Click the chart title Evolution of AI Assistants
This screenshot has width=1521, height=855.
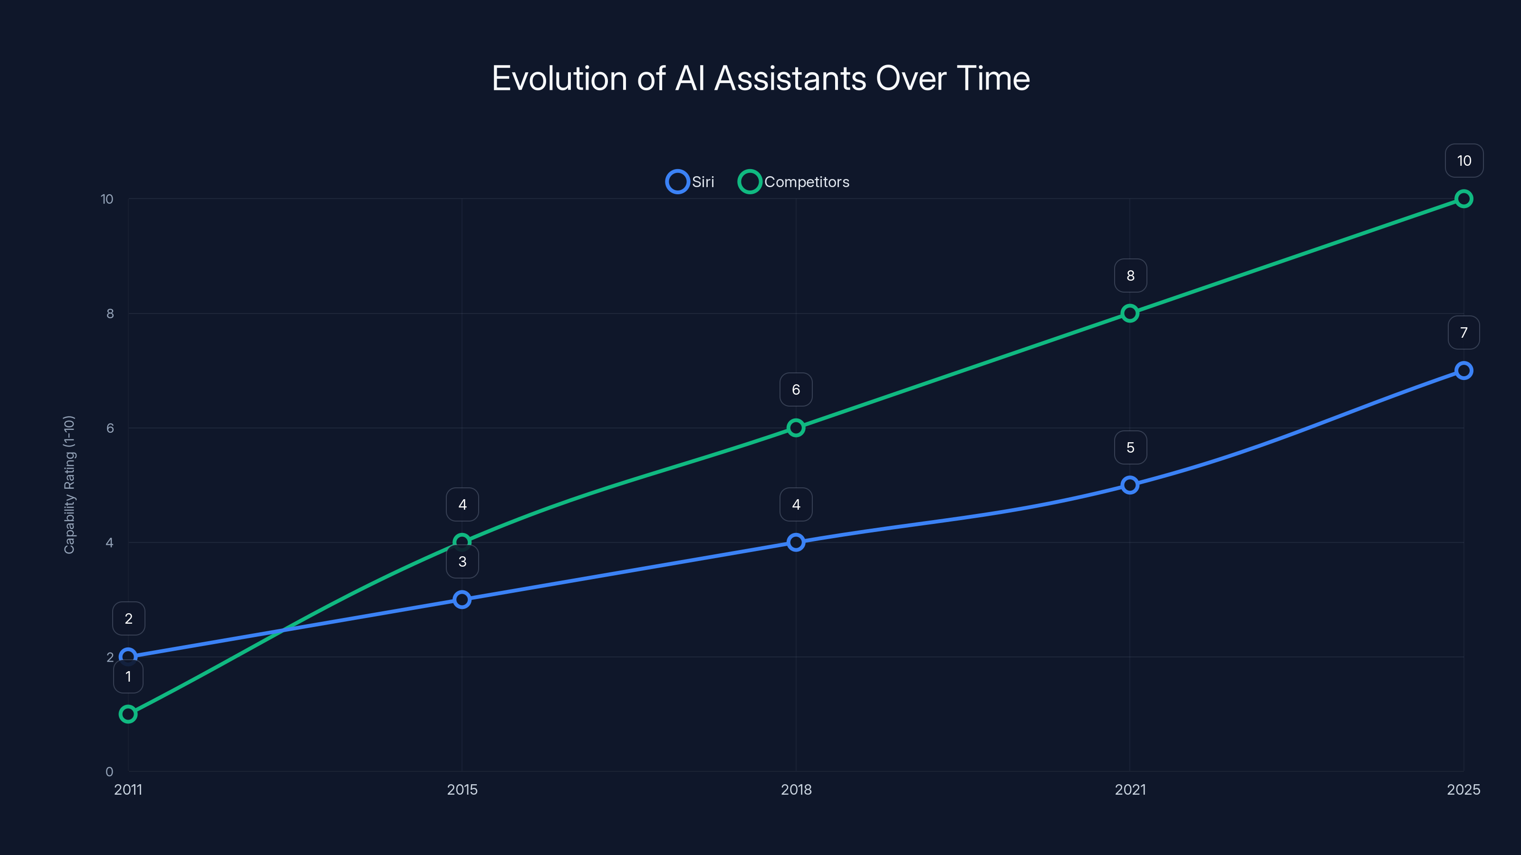click(760, 78)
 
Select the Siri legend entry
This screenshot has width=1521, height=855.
click(690, 182)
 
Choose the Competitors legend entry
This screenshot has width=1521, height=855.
click(794, 182)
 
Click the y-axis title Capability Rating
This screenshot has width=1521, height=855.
click(69, 484)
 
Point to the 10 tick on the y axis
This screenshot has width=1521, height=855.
click(107, 199)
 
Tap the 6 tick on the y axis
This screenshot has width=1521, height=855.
click(110, 428)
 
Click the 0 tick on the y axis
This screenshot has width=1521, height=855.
click(109, 771)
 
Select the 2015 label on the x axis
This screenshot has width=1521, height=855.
click(462, 789)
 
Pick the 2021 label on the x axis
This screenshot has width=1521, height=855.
click(1129, 789)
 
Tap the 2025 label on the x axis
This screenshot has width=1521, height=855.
click(1463, 789)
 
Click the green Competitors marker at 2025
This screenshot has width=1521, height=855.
click(1463, 199)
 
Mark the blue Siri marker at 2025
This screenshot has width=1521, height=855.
click(1463, 370)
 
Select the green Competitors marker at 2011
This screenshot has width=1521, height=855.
click(128, 714)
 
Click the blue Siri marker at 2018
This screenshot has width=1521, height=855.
click(795, 542)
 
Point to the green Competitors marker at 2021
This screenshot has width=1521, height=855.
click(1129, 313)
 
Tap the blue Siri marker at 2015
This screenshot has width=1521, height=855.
click(462, 599)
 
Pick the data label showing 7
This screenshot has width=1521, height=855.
click(1463, 333)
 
